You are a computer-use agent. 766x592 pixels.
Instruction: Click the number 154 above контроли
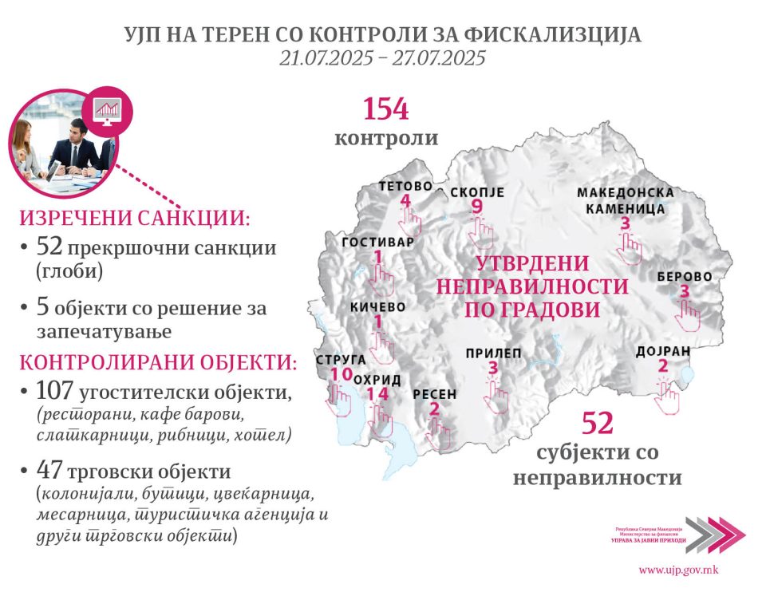point(386,109)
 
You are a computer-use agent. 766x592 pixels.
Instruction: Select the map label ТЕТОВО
point(405,186)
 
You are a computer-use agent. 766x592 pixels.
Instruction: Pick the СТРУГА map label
point(342,360)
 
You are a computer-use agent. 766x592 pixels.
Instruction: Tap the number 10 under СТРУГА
point(341,375)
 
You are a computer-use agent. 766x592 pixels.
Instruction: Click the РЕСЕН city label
point(435,394)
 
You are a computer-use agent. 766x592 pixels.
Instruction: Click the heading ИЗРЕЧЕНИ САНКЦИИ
point(135,219)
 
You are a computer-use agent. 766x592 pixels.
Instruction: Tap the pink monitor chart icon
point(106,108)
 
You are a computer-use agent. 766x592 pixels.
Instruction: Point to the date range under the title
point(382,58)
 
